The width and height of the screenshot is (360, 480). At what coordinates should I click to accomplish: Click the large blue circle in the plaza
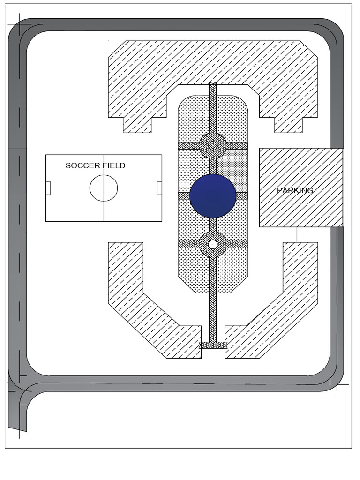tap(213, 196)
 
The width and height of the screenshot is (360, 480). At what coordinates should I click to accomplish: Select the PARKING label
tap(295, 190)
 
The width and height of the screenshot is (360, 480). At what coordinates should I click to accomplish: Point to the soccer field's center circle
tap(104, 175)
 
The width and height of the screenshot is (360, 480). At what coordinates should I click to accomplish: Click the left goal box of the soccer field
tap(48, 188)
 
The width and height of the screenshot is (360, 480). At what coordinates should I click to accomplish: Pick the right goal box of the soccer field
tap(159, 188)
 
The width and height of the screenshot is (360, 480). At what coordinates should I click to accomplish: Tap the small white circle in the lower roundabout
tap(213, 244)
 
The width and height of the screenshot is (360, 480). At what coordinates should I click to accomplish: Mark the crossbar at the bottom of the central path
tap(213, 345)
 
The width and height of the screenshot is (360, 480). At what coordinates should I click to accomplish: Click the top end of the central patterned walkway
tap(213, 83)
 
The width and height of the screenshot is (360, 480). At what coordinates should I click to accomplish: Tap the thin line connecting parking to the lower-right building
tap(297, 235)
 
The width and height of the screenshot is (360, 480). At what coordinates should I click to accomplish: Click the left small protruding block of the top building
tap(137, 125)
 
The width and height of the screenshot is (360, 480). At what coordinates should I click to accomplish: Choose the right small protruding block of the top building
tap(289, 125)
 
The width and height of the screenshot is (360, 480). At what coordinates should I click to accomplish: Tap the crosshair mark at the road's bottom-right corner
tap(337, 385)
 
